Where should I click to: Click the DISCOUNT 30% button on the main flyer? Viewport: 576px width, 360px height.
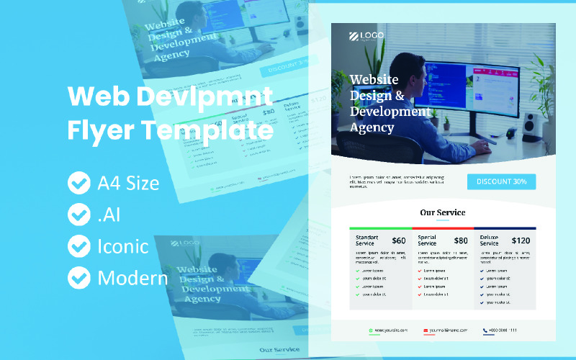coord(501,181)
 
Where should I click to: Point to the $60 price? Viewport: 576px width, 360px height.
coord(399,240)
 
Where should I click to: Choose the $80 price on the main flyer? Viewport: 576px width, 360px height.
coord(461,240)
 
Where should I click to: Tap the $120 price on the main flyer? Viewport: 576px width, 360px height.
coord(521,240)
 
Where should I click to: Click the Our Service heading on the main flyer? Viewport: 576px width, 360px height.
coord(443,212)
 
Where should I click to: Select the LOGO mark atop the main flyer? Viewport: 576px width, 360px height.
coord(366,35)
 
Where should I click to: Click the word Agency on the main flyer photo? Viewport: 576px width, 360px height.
coord(372,127)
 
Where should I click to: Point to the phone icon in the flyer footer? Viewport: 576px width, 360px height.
coord(486,330)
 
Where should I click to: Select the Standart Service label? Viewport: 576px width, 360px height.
coord(367,240)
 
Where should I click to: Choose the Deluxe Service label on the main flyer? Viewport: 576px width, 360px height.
coord(490,240)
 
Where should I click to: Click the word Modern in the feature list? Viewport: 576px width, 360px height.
coord(132,277)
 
